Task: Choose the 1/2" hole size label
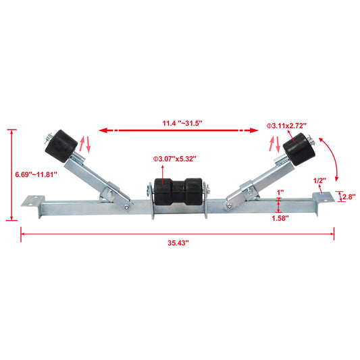coord(321,180)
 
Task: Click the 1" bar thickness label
coord(280,192)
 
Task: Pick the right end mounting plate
coord(324,197)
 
